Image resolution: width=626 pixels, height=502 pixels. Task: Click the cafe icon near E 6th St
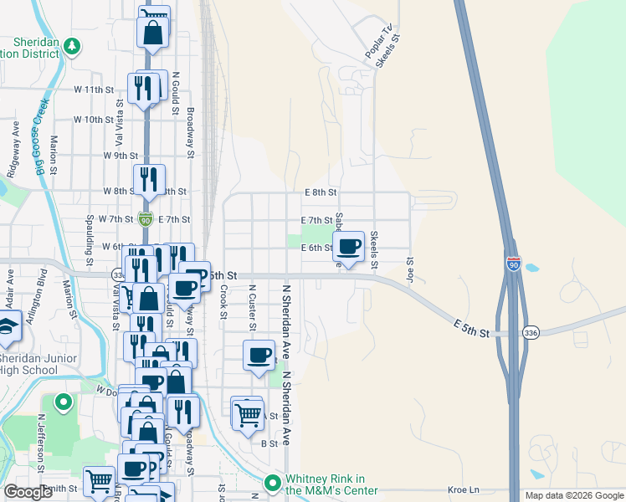click(350, 247)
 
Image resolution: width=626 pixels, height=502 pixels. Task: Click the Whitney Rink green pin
click(272, 483)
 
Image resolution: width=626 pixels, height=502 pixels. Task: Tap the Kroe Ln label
click(462, 489)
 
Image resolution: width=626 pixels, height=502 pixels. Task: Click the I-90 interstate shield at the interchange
click(514, 262)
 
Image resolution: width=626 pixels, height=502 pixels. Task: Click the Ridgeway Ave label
click(14, 148)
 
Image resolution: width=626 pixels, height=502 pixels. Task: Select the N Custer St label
click(251, 302)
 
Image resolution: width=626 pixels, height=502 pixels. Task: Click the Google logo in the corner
click(28, 492)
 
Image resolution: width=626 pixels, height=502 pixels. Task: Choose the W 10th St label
click(93, 120)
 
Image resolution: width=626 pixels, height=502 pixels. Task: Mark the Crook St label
click(223, 301)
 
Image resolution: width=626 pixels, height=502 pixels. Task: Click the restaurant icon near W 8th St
click(149, 181)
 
